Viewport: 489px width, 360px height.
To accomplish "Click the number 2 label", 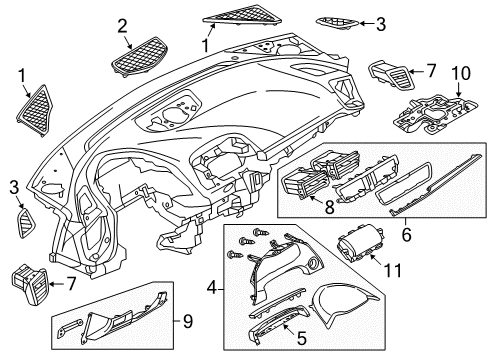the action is (122, 26).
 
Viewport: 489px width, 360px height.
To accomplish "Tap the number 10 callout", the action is (461, 73).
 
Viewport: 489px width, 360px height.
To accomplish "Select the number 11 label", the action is (393, 270).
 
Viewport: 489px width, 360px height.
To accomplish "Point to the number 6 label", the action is (406, 234).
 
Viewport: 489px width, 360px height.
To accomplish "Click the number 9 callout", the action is (188, 322).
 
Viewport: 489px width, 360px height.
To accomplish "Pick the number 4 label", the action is (212, 287).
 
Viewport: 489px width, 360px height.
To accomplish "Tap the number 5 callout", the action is (301, 339).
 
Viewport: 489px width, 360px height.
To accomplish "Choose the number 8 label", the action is (329, 207).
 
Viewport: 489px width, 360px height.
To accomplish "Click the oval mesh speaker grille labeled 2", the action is (139, 57).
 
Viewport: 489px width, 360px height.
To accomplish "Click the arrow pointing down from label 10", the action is (459, 89).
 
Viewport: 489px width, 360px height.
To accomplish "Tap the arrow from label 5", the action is (289, 329).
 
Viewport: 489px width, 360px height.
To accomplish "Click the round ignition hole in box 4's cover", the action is (314, 263).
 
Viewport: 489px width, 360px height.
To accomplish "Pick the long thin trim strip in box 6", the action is (436, 185).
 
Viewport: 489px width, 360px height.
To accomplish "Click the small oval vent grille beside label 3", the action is (337, 22).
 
